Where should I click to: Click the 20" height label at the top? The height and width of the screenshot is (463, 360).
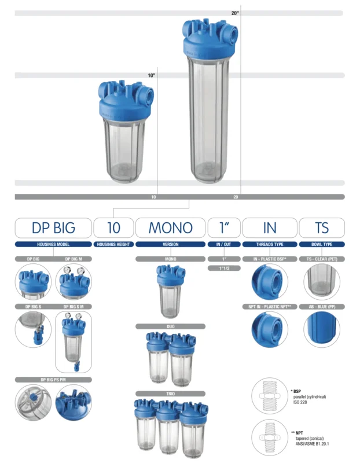[x=235, y=13]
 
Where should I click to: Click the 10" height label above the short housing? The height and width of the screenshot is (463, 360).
[x=152, y=75]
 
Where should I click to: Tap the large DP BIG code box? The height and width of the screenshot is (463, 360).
[x=53, y=227]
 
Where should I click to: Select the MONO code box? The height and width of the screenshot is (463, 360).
[x=170, y=227]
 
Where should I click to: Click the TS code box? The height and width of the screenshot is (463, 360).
[x=322, y=227]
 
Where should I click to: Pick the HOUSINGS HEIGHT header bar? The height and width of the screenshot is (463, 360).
[x=113, y=244]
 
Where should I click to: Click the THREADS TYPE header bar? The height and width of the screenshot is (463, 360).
[x=270, y=244]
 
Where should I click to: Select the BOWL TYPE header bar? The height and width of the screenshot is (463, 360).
[x=322, y=244]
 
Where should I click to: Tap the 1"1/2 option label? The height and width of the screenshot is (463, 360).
[x=224, y=268]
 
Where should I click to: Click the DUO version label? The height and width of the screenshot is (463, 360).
[x=170, y=326]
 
